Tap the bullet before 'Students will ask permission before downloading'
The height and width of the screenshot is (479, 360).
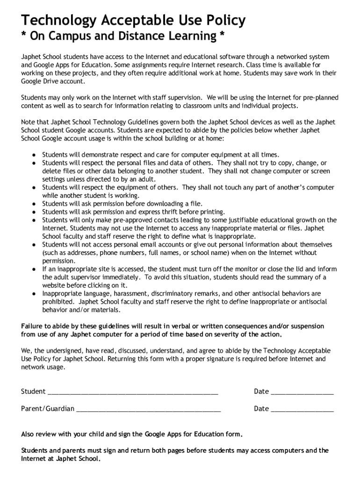[34, 203]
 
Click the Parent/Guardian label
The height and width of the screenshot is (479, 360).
[47, 409]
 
